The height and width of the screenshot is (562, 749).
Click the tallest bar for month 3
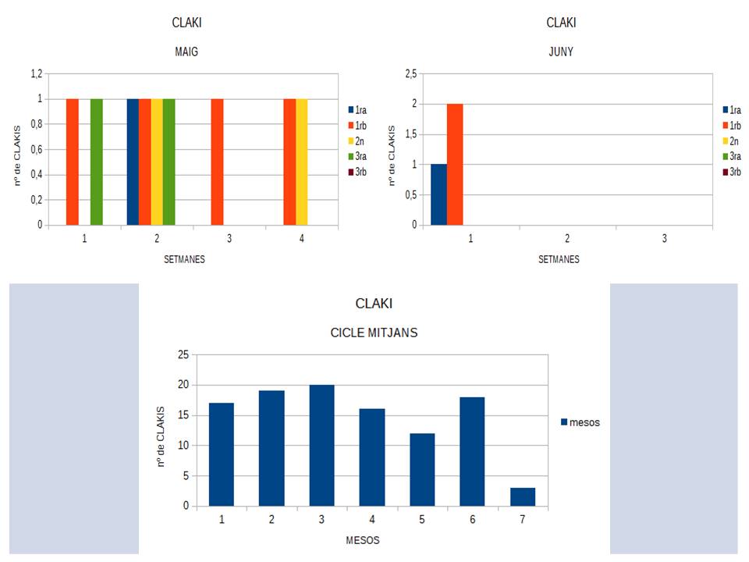(x=321, y=445)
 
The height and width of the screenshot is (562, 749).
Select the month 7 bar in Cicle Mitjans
(x=523, y=496)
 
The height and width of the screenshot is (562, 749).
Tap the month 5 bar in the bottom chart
(x=422, y=469)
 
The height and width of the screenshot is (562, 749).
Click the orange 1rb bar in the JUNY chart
(x=455, y=164)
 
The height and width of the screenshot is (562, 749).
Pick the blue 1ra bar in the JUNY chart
(x=438, y=194)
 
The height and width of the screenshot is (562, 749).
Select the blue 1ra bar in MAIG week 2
(x=133, y=162)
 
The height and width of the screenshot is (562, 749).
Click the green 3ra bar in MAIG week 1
(x=97, y=162)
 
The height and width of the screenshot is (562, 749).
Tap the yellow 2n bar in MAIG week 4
(x=302, y=162)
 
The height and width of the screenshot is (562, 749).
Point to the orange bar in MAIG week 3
(x=218, y=162)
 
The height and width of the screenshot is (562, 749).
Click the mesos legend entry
(x=580, y=422)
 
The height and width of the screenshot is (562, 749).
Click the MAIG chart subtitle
(x=187, y=52)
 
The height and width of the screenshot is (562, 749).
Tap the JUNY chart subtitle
(x=562, y=52)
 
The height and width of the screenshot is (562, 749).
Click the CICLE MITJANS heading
(x=374, y=333)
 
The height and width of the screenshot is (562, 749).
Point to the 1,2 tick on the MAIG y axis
(x=36, y=73)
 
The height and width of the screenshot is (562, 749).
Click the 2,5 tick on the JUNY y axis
(x=410, y=73)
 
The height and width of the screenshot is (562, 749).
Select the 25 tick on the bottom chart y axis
(x=183, y=354)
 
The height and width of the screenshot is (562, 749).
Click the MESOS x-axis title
(x=363, y=539)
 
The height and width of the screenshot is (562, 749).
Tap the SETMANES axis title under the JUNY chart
(x=559, y=259)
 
